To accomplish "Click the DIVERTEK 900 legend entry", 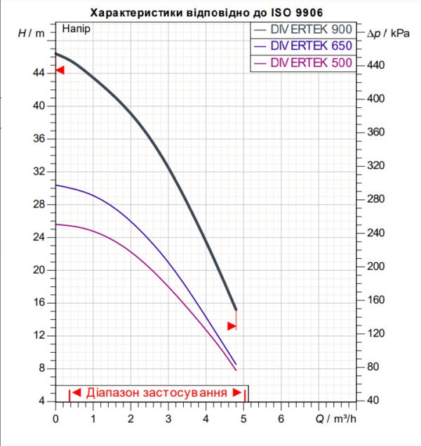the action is pyautogui.click(x=303, y=29).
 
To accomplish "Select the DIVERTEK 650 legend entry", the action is pyautogui.click(x=303, y=46).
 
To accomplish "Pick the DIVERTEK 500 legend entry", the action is pyautogui.click(x=303, y=62).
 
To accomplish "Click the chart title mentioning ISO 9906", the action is pyautogui.click(x=207, y=13).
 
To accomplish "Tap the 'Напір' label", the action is pyautogui.click(x=76, y=29).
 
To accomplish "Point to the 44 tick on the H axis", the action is pyautogui.click(x=39, y=73).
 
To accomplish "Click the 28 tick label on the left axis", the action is pyautogui.click(x=39, y=204).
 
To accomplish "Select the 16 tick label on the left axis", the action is pyautogui.click(x=39, y=302).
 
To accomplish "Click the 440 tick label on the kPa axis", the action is pyautogui.click(x=375, y=65).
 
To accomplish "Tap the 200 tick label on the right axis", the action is pyautogui.click(x=375, y=266).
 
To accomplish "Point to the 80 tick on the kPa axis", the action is pyautogui.click(x=373, y=367).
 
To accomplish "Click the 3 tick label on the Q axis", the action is pyautogui.click(x=168, y=419).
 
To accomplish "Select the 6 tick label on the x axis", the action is pyautogui.click(x=281, y=419).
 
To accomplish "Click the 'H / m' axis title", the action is pyautogui.click(x=32, y=33).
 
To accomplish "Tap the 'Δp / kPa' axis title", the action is pyautogui.click(x=388, y=34).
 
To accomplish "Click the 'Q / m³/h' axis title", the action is pyautogui.click(x=336, y=419).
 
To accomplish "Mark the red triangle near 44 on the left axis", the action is pyautogui.click(x=60, y=70).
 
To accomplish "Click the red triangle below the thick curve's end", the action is pyautogui.click(x=232, y=326).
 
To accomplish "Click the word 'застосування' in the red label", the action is pyautogui.click(x=185, y=393).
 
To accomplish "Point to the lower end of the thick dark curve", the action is pyautogui.click(x=236, y=309).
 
